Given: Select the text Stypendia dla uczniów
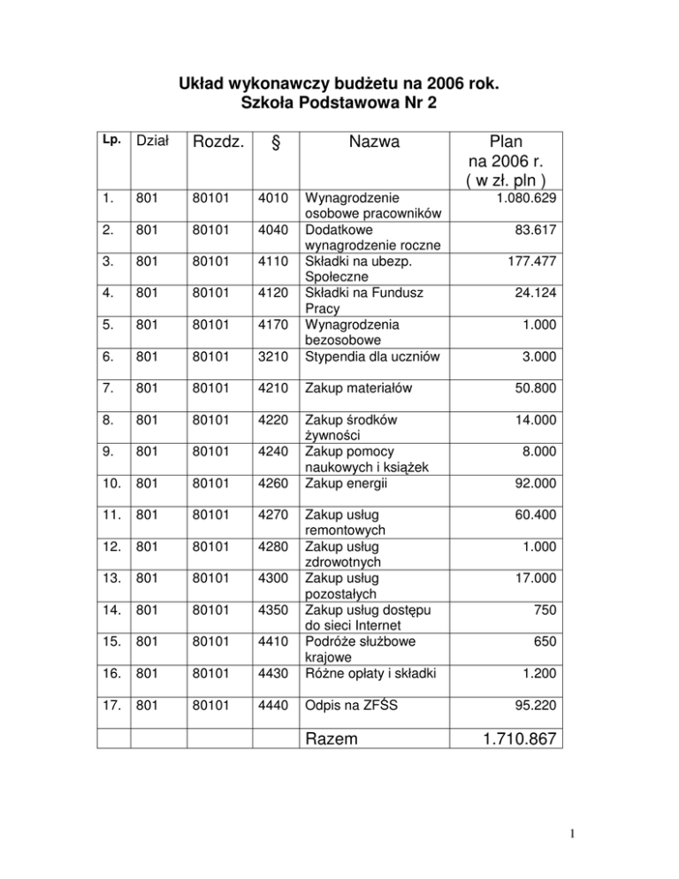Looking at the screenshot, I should click(371, 357).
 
